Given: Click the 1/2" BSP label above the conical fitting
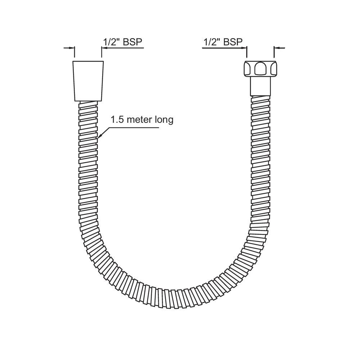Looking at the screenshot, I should (123, 42).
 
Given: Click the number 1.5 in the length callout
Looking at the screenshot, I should (117, 120).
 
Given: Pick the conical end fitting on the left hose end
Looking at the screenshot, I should (88, 81).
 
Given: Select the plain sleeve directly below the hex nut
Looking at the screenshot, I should (260, 86).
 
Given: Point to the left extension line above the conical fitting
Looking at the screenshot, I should (75, 52).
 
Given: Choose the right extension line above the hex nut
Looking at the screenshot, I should (274, 52).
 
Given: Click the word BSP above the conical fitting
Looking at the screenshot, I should (133, 42).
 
